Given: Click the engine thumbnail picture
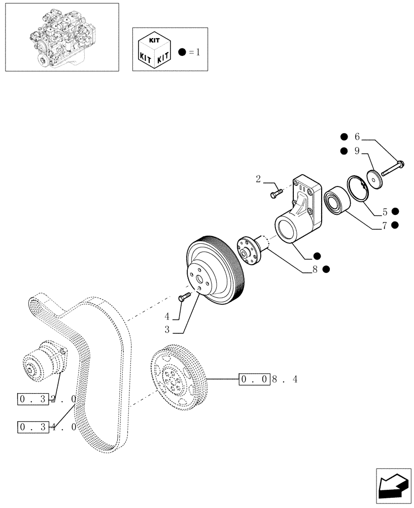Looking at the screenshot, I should tap(61, 37).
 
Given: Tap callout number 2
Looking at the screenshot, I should tap(258, 179).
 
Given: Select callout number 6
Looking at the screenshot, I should tap(357, 137).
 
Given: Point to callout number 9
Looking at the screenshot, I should tap(357, 151).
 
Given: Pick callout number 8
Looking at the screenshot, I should tap(315, 270).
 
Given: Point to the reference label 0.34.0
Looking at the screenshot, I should tap(47, 426).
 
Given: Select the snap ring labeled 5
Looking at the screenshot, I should tap(358, 187).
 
